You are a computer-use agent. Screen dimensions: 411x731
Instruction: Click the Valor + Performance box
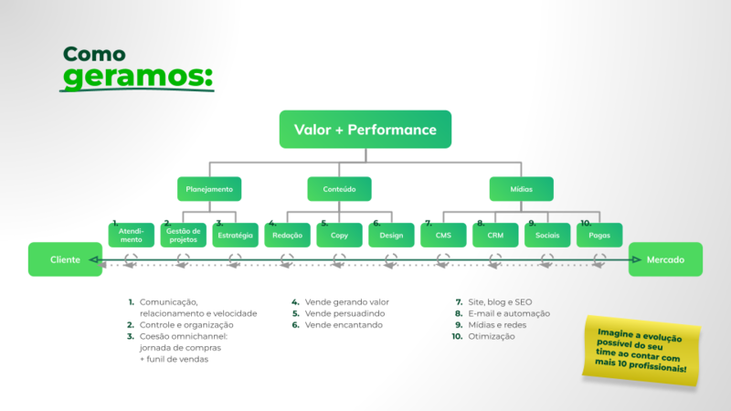tap(365, 130)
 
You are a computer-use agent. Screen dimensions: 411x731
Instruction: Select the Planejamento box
tap(209, 189)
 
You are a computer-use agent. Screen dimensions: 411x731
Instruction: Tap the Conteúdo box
tap(339, 189)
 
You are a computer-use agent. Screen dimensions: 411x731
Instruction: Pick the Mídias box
tap(522, 189)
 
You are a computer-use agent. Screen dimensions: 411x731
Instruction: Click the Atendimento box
tap(131, 236)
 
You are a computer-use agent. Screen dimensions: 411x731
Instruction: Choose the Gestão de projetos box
tap(183, 236)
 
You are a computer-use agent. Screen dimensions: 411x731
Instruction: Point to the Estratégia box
tap(235, 236)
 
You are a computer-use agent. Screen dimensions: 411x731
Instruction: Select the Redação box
tap(287, 236)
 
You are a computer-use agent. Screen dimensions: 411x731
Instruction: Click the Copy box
tap(339, 236)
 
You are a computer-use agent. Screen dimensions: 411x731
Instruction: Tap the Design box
tap(391, 236)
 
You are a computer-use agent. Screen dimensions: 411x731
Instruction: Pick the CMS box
tap(443, 236)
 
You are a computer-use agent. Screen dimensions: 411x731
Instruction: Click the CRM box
tap(495, 236)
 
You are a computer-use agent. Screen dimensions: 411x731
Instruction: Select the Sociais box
tap(547, 236)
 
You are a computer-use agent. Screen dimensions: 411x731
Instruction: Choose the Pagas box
tap(599, 236)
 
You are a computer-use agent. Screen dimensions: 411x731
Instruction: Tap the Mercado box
tap(665, 259)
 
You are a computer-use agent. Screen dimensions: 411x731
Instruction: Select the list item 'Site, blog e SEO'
tap(501, 301)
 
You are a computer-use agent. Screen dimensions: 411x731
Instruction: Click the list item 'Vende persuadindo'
tap(345, 313)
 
